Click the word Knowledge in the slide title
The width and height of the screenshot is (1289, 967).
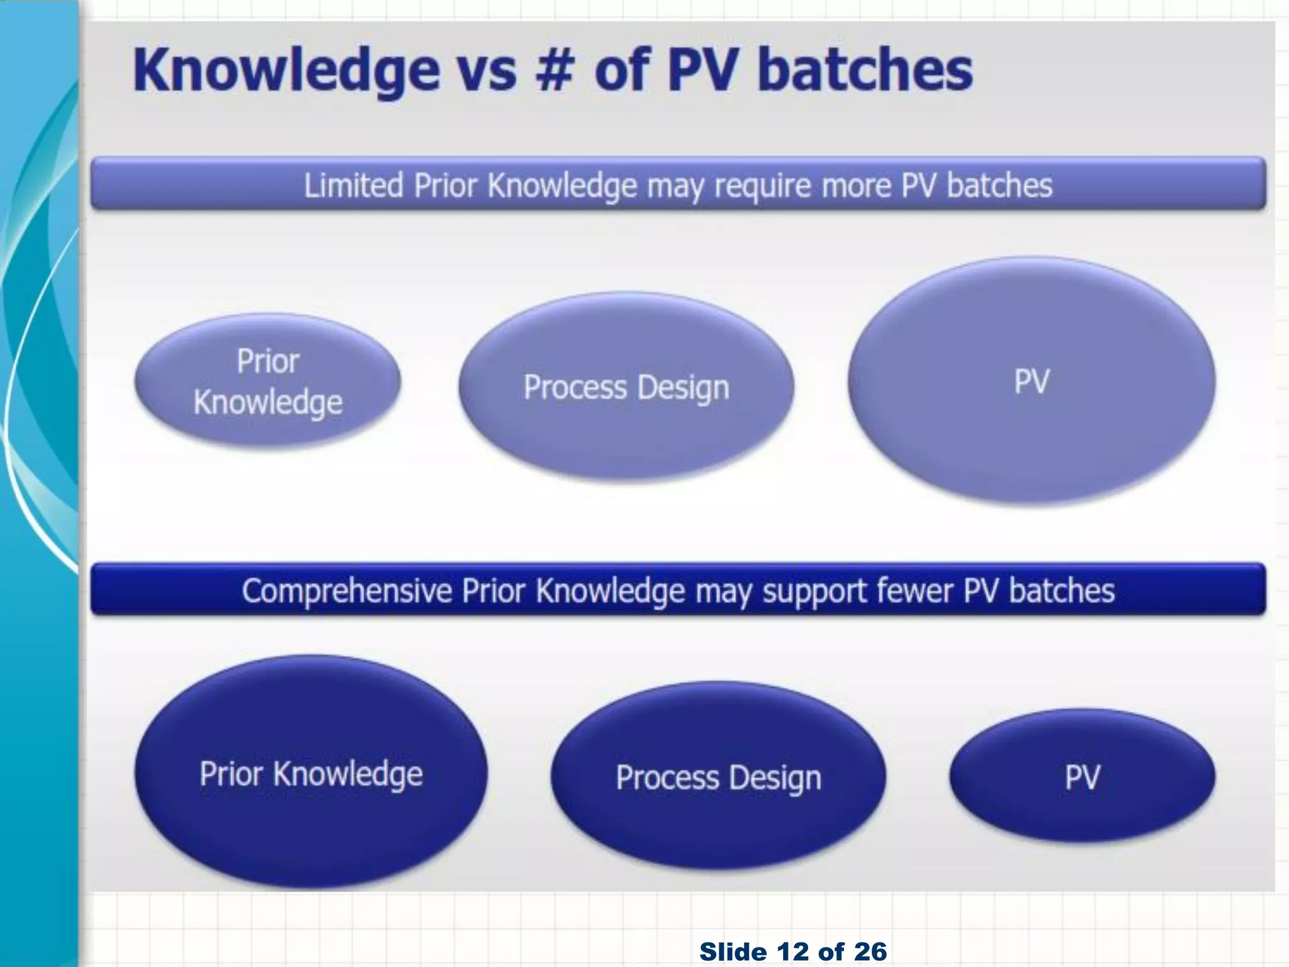tap(286, 71)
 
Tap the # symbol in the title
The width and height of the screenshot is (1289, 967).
tap(554, 70)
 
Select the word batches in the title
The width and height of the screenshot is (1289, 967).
tap(865, 70)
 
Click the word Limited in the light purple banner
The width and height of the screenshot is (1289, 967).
tap(353, 186)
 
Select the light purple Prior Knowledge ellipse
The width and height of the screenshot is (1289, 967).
tap(267, 382)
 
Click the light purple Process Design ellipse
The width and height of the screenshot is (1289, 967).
tap(626, 387)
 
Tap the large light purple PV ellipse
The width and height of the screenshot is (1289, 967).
tap(1032, 381)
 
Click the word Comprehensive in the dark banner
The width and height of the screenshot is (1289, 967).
tap(347, 591)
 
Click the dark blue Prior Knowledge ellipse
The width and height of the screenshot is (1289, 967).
tap(311, 773)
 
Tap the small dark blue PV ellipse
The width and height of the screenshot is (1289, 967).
tap(1082, 777)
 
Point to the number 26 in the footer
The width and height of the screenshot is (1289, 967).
tap(870, 952)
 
